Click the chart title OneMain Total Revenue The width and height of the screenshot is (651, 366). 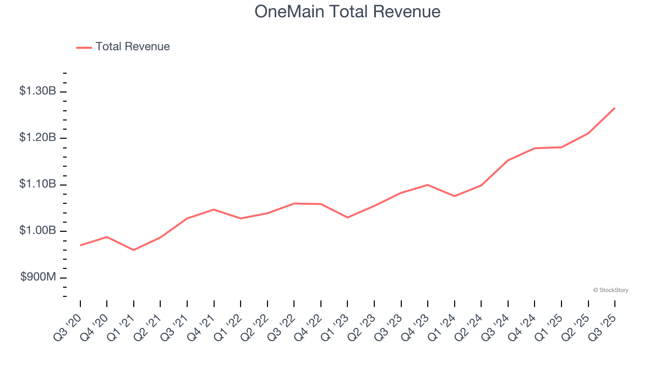click(x=347, y=11)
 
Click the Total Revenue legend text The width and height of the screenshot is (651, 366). click(x=132, y=47)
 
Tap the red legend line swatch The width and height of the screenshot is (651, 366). click(x=84, y=47)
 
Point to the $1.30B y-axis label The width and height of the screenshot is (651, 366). click(x=38, y=91)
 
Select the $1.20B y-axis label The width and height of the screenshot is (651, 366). click(x=38, y=138)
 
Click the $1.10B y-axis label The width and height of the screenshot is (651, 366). click(x=38, y=184)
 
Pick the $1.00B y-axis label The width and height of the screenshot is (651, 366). click(x=38, y=231)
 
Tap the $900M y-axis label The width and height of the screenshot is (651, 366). click(x=38, y=277)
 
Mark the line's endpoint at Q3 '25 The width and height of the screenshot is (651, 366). click(x=615, y=108)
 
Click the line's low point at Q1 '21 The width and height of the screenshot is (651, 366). click(x=134, y=250)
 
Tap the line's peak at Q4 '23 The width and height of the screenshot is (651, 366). click(x=428, y=185)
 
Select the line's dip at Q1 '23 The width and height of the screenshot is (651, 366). click(x=347, y=218)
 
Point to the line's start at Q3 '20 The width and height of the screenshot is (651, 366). click(x=80, y=246)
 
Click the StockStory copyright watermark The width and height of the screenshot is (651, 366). click(x=610, y=290)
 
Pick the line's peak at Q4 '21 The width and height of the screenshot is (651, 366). click(x=214, y=209)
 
